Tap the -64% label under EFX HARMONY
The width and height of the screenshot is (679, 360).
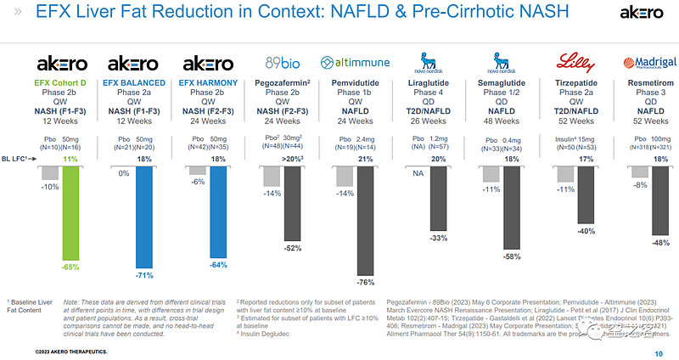[x=220, y=263]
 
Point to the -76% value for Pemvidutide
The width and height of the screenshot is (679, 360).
[x=366, y=282]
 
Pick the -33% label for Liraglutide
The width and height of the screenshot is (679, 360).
[x=440, y=238]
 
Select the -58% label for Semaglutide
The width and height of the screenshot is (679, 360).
[x=511, y=256]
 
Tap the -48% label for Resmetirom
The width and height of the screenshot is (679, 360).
[x=659, y=242]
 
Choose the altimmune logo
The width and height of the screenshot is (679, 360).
[x=354, y=63]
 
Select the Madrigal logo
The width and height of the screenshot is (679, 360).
[x=648, y=63]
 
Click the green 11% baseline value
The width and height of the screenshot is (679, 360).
[x=70, y=159]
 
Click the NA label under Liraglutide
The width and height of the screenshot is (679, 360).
[x=418, y=172]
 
